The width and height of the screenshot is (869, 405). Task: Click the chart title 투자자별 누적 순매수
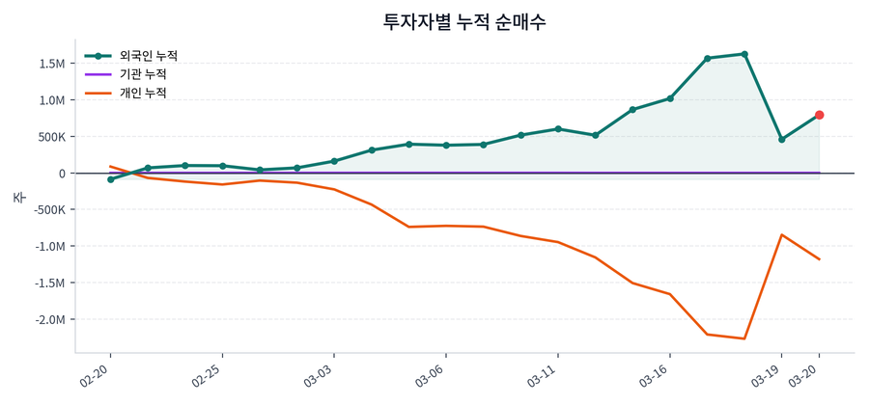coord(464,21)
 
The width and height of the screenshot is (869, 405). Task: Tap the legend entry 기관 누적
coord(142,74)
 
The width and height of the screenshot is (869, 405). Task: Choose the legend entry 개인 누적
coord(142,94)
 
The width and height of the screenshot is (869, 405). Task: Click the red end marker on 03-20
coord(819,115)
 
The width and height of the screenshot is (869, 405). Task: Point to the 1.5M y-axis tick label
coord(51,64)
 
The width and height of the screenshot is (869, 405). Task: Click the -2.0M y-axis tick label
coord(49,319)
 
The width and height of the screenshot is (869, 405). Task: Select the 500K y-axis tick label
coord(50,137)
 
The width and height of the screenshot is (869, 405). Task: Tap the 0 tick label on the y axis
coord(62,174)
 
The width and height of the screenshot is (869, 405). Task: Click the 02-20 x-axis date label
coord(98,374)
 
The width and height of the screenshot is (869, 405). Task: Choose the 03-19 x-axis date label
coord(769,374)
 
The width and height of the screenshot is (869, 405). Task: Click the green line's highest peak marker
coord(744,54)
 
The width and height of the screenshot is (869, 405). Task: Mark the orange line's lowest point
coord(744,338)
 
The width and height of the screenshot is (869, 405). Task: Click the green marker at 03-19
coord(782,140)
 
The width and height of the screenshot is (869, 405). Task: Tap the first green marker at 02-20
coord(111,179)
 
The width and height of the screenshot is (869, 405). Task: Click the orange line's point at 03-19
coord(782,234)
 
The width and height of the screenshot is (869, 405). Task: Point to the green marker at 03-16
coord(670,98)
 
